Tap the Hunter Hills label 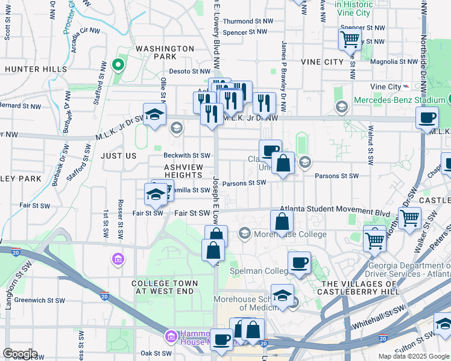(36, 69)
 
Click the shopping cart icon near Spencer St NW (350, 40)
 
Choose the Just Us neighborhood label (119, 156)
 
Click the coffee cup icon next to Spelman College (299, 262)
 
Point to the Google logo (20, 354)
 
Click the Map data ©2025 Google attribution (413, 356)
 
